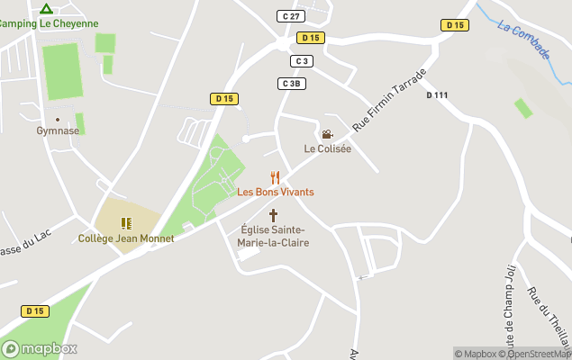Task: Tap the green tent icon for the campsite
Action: pyautogui.click(x=46, y=8)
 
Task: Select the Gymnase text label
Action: pyautogui.click(x=58, y=130)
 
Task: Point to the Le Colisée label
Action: pyautogui.click(x=327, y=148)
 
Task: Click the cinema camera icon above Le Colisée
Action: pyautogui.click(x=327, y=134)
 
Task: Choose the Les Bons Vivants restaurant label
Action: pyautogui.click(x=276, y=192)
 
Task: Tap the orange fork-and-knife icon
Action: pyautogui.click(x=276, y=177)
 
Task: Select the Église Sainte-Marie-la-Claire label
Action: pyautogui.click(x=272, y=236)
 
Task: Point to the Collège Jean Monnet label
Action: pyautogui.click(x=126, y=238)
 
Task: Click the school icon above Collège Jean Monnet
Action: pyautogui.click(x=126, y=222)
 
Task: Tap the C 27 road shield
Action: pyautogui.click(x=290, y=16)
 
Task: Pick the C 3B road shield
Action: pyautogui.click(x=290, y=84)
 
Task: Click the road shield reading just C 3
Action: pyautogui.click(x=301, y=61)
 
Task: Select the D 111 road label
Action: pyautogui.click(x=437, y=95)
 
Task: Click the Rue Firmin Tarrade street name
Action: pyautogui.click(x=388, y=100)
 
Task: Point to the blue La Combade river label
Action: pyautogui.click(x=522, y=40)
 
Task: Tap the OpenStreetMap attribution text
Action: pyautogui.click(x=540, y=354)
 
